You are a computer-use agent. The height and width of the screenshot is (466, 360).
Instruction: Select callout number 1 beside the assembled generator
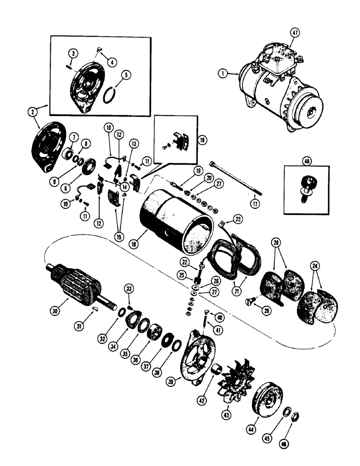[223, 73]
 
